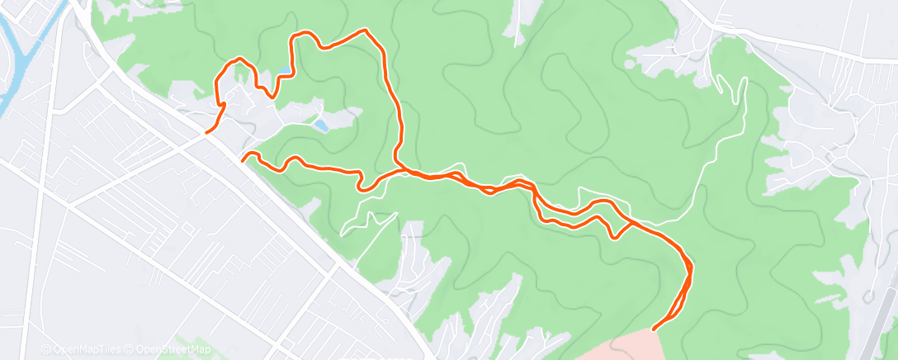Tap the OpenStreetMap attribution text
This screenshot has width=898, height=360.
click(x=169, y=350)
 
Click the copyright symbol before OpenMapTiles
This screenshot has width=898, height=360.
click(x=46, y=350)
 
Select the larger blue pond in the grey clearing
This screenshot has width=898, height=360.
click(x=319, y=126)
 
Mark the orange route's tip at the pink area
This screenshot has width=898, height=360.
click(x=654, y=329)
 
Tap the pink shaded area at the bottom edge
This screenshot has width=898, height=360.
click(x=627, y=347)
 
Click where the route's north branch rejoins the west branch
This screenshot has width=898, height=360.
click(x=402, y=170)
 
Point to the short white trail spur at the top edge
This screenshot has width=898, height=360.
click(x=518, y=29)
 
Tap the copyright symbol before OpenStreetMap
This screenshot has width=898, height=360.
click(x=130, y=350)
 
